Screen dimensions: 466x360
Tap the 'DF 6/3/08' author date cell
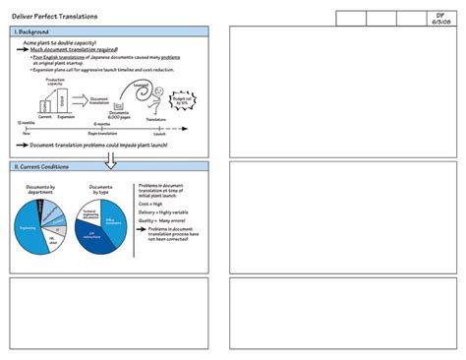tap(440, 19)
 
